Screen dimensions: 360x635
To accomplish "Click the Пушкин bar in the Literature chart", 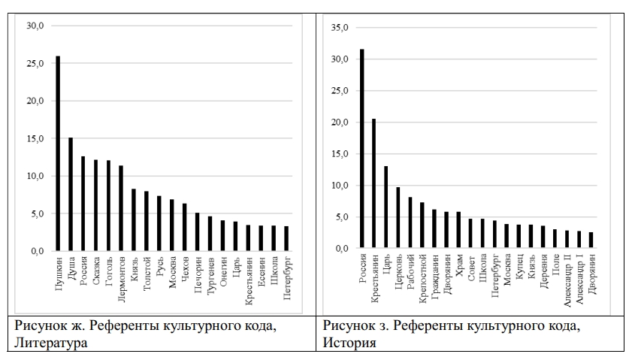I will click(58, 153).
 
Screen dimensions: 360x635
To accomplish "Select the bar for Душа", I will click(71, 194).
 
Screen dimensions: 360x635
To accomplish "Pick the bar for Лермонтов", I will click(121, 208).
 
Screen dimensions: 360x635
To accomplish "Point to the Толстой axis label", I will click(147, 274).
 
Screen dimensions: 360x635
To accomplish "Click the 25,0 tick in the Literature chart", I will click(35, 63).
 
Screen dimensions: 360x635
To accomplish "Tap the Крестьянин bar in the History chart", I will click(373, 183).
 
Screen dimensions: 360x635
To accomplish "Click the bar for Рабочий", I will click(410, 222).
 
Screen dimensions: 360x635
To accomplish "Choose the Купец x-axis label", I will click(519, 268).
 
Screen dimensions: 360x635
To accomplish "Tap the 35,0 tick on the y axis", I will click(340, 28).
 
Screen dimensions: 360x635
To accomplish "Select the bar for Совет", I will click(470, 234).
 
